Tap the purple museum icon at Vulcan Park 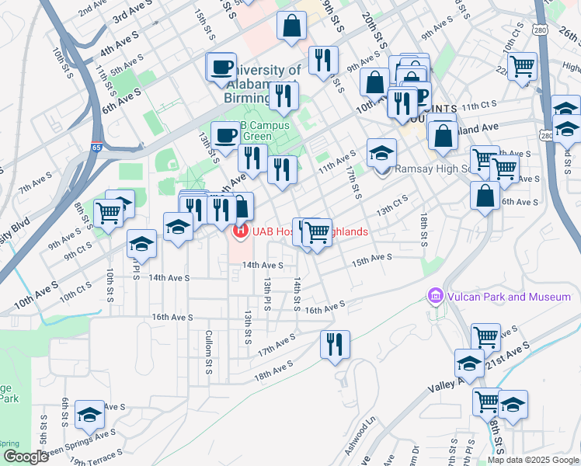(434, 296)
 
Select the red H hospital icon (240, 231)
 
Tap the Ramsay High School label (431, 169)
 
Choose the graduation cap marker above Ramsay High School (381, 152)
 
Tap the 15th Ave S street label (371, 259)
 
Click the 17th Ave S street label (277, 343)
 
